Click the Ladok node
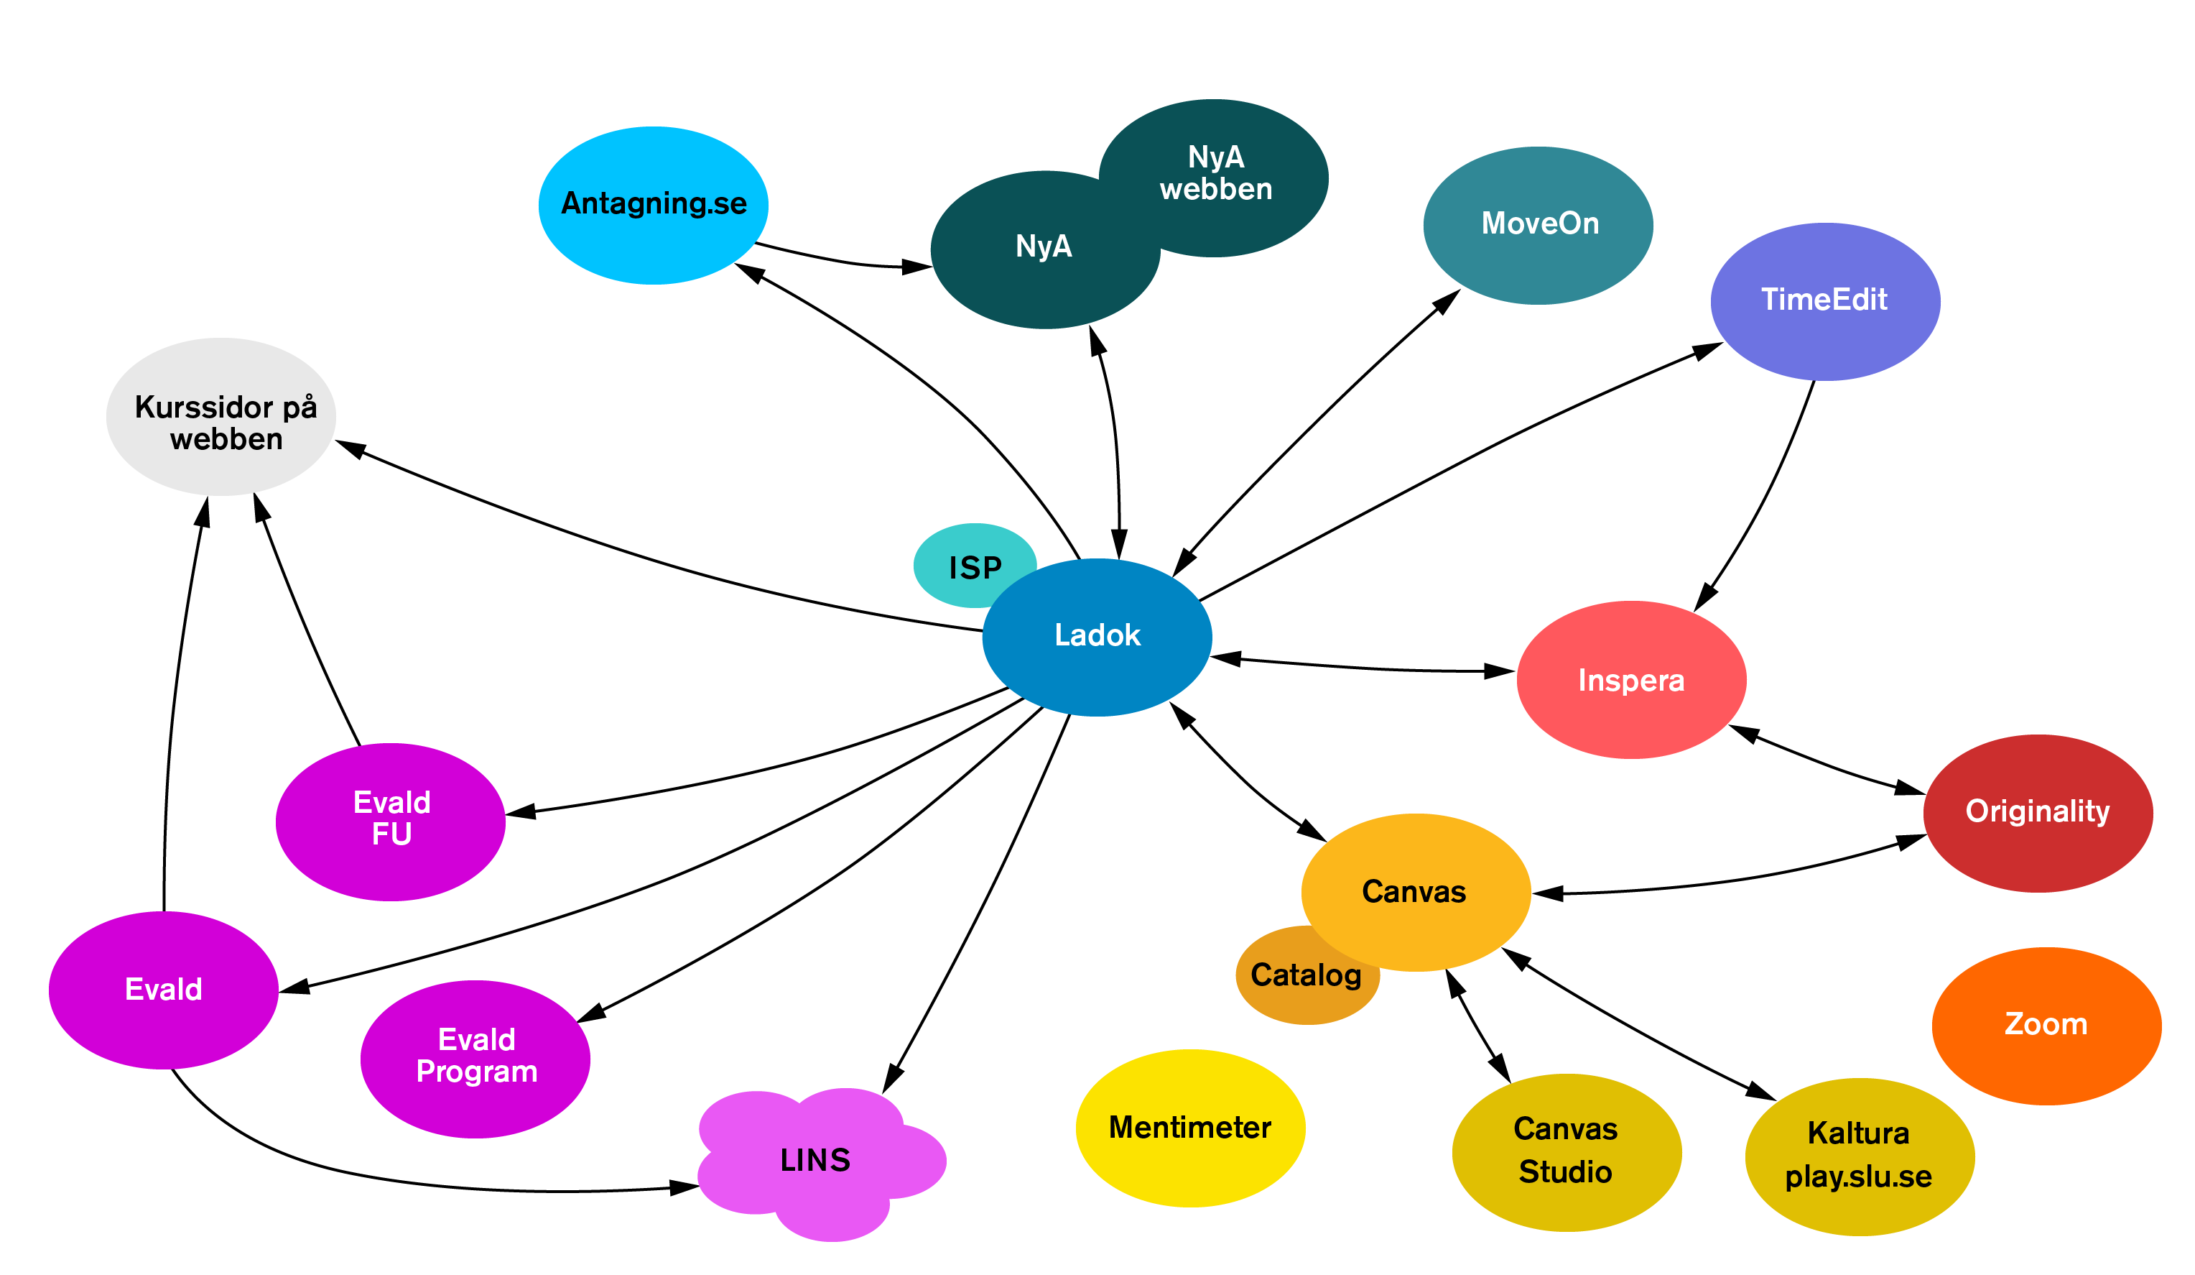pos(1097,637)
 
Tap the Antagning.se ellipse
pos(654,205)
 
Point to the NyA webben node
pos(1228,165)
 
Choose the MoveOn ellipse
pos(1539,225)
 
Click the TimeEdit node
pos(1825,300)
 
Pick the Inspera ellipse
pos(1630,680)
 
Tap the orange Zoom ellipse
pos(2046,1025)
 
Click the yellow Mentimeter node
pos(1190,1128)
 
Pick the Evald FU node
pos(390,820)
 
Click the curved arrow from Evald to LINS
pos(392,1177)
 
